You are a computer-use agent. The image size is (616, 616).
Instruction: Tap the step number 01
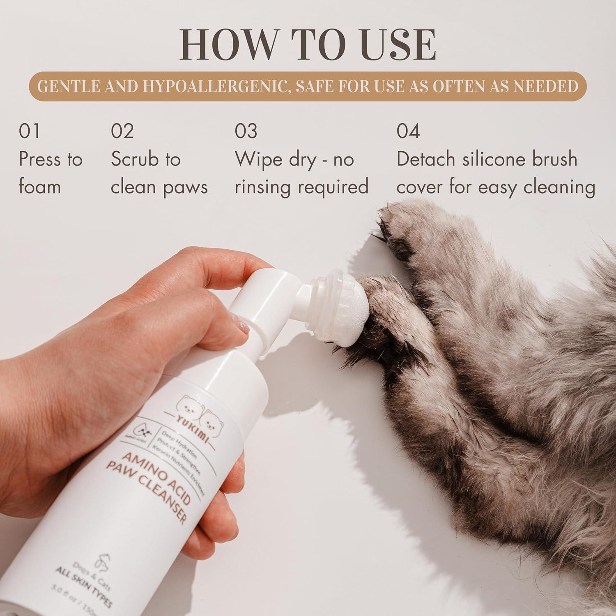pos(29,131)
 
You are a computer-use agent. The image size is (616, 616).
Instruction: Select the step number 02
pos(122,131)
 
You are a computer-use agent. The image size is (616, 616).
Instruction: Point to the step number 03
pos(246,131)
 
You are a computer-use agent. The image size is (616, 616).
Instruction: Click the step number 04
pos(408,131)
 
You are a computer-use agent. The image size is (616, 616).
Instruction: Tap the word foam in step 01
pos(40,187)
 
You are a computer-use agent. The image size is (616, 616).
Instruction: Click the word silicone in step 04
pos(494,159)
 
